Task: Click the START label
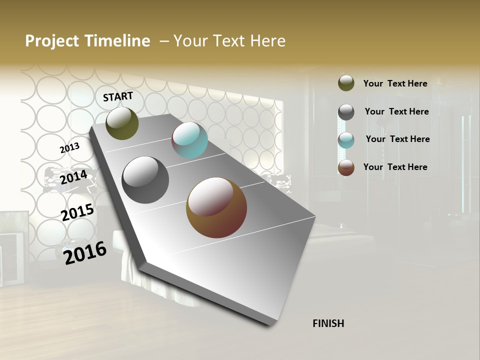click(118, 96)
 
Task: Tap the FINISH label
click(328, 323)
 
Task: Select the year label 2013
click(69, 148)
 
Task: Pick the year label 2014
click(73, 177)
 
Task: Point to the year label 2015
click(77, 212)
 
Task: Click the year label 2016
click(85, 252)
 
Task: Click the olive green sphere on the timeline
click(122, 123)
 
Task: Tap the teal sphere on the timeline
click(189, 140)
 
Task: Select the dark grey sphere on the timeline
click(145, 180)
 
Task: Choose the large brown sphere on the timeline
click(216, 207)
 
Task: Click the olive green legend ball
click(346, 83)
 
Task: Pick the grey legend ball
click(346, 112)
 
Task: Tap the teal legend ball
click(346, 140)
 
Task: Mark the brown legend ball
click(346, 167)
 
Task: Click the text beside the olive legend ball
click(395, 83)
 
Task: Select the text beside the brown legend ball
click(395, 167)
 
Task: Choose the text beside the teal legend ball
click(397, 139)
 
